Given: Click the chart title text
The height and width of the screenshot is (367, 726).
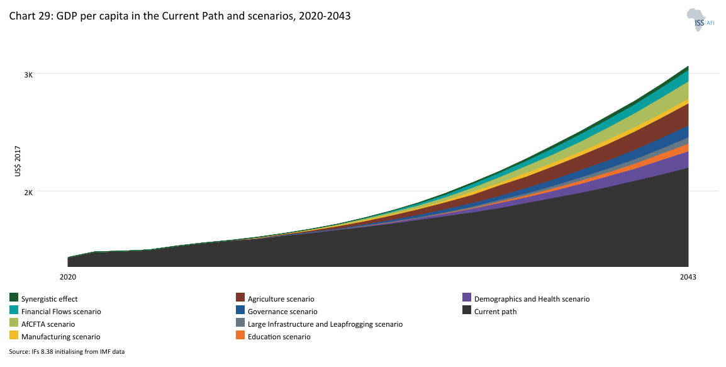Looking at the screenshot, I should [x=179, y=16].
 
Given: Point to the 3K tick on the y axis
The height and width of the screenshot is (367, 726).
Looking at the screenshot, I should [x=28, y=74].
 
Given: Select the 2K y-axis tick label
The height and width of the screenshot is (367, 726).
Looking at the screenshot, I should [x=28, y=192].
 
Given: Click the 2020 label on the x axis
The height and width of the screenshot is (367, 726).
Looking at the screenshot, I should [x=67, y=277].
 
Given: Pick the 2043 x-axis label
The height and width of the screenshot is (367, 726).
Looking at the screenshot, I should [x=688, y=277].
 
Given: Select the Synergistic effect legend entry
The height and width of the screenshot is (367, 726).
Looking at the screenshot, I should [x=49, y=299].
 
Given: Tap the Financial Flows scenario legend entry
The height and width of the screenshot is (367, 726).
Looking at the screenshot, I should [x=60, y=312].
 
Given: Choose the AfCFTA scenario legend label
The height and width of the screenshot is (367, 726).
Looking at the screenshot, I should [x=48, y=324].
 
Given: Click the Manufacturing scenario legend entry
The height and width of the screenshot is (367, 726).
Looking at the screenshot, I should [x=60, y=337].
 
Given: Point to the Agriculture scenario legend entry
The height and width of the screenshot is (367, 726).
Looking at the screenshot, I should [x=281, y=299].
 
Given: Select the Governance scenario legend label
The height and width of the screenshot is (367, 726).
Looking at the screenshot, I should [x=282, y=312].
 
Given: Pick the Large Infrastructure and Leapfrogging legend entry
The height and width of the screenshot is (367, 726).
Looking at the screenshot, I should [x=325, y=324].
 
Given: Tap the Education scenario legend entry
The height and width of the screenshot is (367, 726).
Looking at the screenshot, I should [x=279, y=337].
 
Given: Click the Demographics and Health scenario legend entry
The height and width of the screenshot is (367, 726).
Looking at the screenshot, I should [x=532, y=299].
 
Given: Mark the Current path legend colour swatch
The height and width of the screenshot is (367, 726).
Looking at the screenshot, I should [x=467, y=310].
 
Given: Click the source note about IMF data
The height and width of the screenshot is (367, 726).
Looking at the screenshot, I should [x=67, y=352].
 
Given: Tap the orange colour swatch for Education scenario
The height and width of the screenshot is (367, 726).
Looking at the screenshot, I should [x=240, y=336].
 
